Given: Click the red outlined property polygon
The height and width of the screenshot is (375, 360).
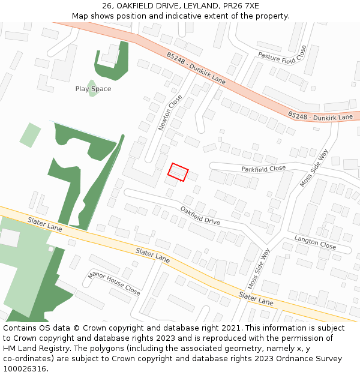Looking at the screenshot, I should (178, 172).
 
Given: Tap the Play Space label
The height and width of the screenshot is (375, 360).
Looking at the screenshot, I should (93, 89).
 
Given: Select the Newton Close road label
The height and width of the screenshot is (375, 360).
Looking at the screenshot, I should (170, 112).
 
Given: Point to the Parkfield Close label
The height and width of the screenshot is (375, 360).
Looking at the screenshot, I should (263, 169).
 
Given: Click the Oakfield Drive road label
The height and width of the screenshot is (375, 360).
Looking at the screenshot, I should (200, 215).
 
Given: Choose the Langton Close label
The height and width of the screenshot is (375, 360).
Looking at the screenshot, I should (315, 242).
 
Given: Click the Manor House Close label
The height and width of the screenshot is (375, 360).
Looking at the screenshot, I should (114, 283).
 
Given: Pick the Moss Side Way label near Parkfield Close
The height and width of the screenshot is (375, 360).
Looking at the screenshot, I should (314, 168).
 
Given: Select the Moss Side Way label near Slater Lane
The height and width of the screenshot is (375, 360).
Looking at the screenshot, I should (259, 269).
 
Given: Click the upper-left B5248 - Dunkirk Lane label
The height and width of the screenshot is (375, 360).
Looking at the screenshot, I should (196, 67).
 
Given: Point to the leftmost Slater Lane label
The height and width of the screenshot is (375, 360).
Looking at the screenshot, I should (44, 224).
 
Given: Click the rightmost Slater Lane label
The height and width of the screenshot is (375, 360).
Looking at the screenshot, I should (256, 298).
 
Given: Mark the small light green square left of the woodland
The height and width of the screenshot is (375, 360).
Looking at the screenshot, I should (29, 134).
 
